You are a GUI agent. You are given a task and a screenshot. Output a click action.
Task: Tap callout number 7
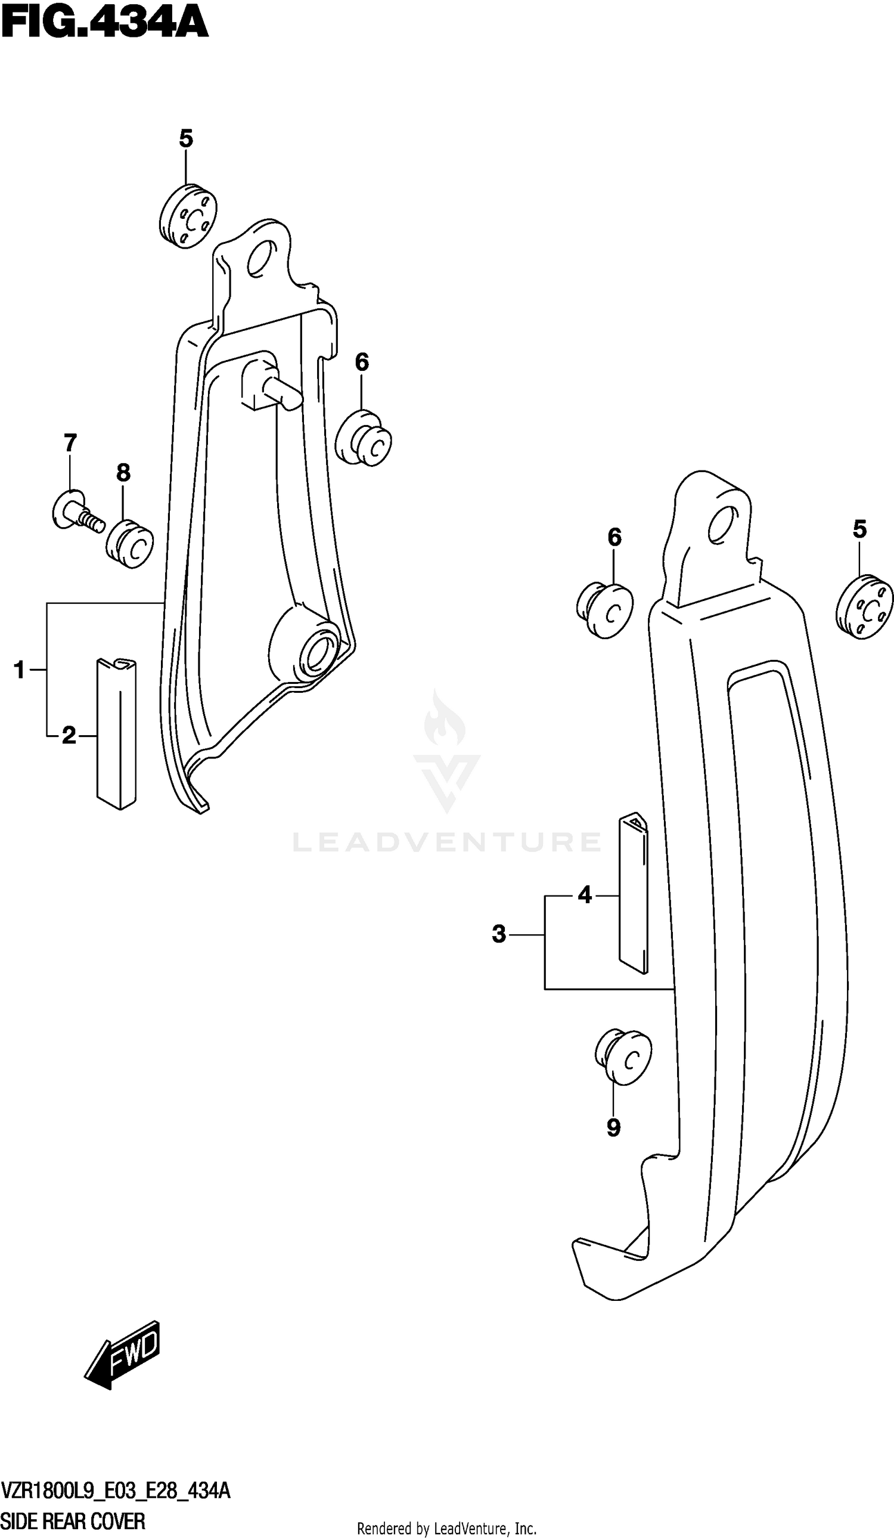(70, 442)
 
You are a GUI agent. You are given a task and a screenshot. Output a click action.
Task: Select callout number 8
(123, 472)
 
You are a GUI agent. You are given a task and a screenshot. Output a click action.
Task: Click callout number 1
(20, 670)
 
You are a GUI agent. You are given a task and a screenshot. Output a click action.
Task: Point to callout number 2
(69, 736)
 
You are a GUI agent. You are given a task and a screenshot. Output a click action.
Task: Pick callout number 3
(499, 934)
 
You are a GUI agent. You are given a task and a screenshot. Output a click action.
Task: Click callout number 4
(585, 896)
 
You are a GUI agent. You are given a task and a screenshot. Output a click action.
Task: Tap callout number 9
(613, 1127)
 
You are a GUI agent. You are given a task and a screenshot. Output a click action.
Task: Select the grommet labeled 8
(129, 544)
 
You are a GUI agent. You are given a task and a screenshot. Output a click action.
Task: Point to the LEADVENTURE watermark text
(446, 842)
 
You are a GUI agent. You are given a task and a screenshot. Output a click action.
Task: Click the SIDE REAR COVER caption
(73, 1521)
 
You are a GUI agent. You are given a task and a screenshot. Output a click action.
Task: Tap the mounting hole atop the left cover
(260, 258)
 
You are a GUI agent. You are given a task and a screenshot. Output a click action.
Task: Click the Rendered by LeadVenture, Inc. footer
(446, 1527)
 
